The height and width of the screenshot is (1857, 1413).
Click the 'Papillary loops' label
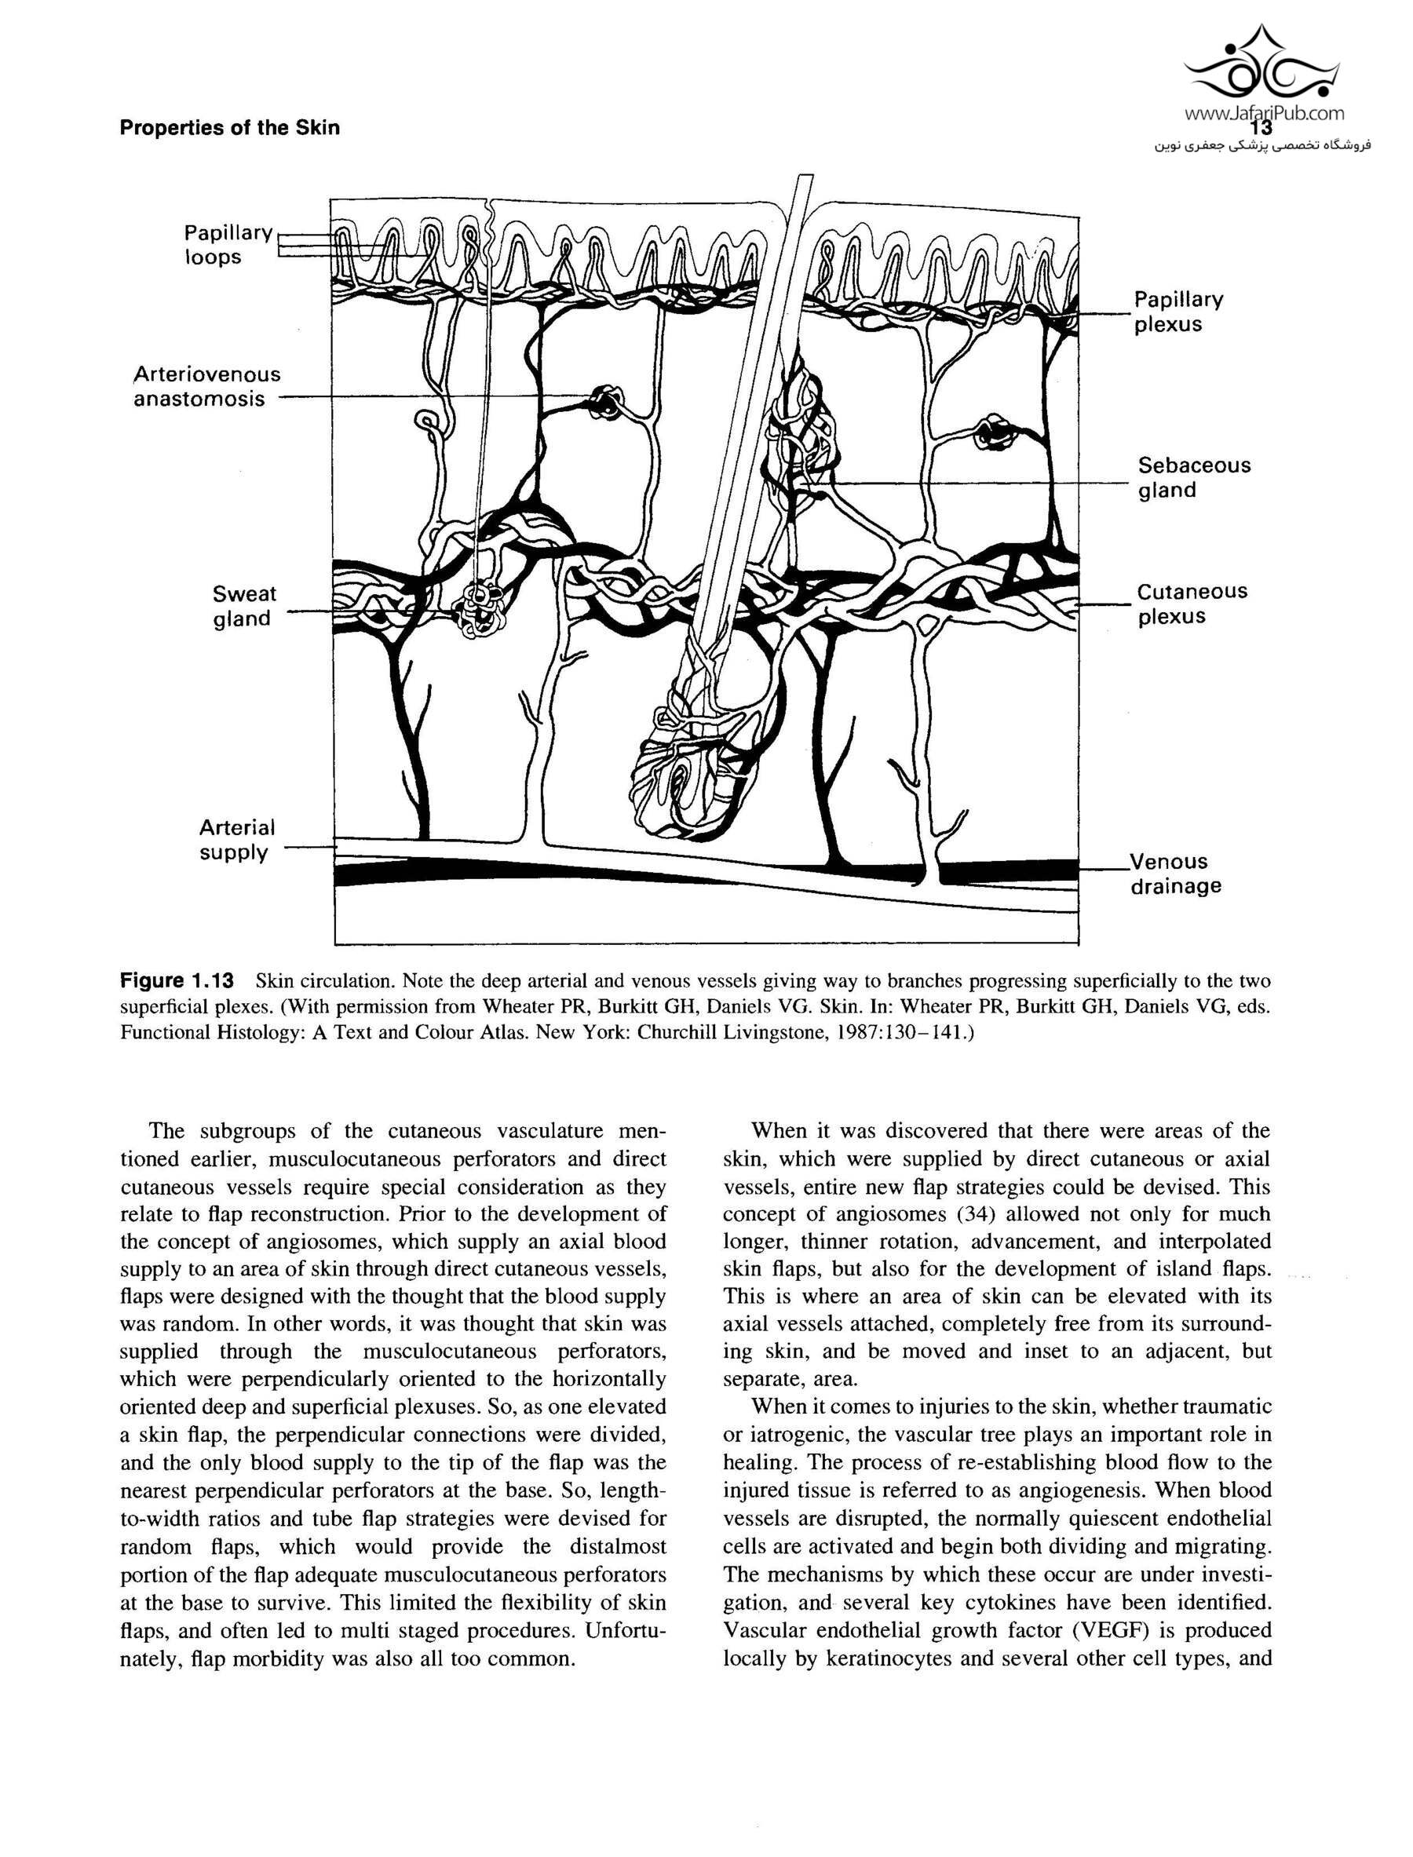pos(228,245)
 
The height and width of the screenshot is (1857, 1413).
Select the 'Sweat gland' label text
pos(244,607)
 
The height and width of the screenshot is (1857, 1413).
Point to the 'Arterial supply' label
pos(236,840)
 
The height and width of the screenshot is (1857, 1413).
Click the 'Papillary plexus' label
pos(1178,312)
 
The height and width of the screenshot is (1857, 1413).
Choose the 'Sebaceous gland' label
pos(1193,478)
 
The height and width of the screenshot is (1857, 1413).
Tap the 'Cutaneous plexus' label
pos(1192,604)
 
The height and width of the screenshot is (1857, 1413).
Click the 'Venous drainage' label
pos(1175,874)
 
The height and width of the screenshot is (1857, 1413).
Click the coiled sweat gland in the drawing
pos(479,607)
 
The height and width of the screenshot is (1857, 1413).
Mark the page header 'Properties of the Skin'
pos(229,128)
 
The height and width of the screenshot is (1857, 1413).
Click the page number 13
pos(1261,129)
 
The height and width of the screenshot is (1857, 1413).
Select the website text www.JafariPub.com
pos(1264,113)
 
